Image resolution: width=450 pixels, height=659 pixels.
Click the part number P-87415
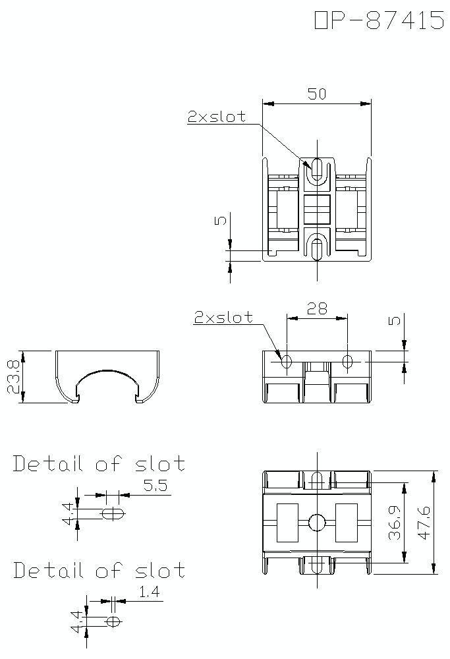pyautogui.click(x=380, y=20)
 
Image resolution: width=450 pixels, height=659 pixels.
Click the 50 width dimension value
pyautogui.click(x=317, y=94)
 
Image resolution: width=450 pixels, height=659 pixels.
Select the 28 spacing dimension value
pyautogui.click(x=317, y=308)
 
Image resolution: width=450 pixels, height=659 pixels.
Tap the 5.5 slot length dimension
pyautogui.click(x=156, y=486)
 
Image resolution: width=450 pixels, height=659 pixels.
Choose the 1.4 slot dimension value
pyautogui.click(x=150, y=592)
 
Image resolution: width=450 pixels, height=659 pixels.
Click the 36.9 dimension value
pyautogui.click(x=395, y=523)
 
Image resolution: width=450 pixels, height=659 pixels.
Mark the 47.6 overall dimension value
pyautogui.click(x=424, y=523)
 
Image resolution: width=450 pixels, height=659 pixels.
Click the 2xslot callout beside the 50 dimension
pyautogui.click(x=216, y=117)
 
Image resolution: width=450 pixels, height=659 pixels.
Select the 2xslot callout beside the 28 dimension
pyautogui.click(x=223, y=317)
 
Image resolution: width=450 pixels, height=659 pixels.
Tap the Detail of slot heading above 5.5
pyautogui.click(x=99, y=464)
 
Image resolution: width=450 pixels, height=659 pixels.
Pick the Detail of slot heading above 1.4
pyautogui.click(x=99, y=570)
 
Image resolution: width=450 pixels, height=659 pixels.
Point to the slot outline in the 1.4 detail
pyautogui.click(x=113, y=621)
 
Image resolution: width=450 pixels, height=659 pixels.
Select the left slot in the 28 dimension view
pyautogui.click(x=287, y=361)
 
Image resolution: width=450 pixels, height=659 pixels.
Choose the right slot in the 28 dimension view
pyautogui.click(x=348, y=361)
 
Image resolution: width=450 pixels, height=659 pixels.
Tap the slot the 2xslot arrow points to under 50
pyautogui.click(x=317, y=170)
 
